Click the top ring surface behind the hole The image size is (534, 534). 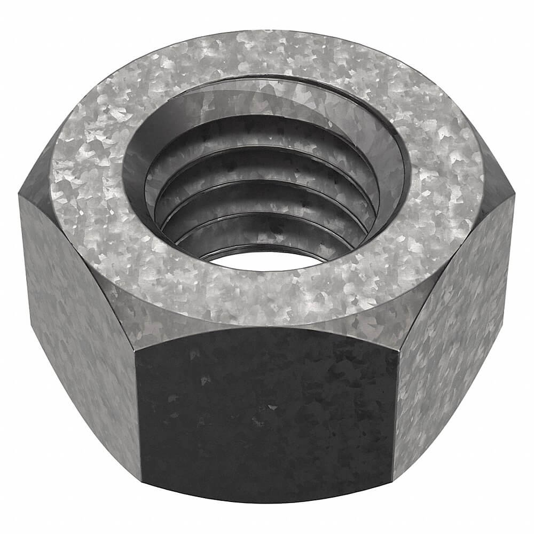coord(267,53)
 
